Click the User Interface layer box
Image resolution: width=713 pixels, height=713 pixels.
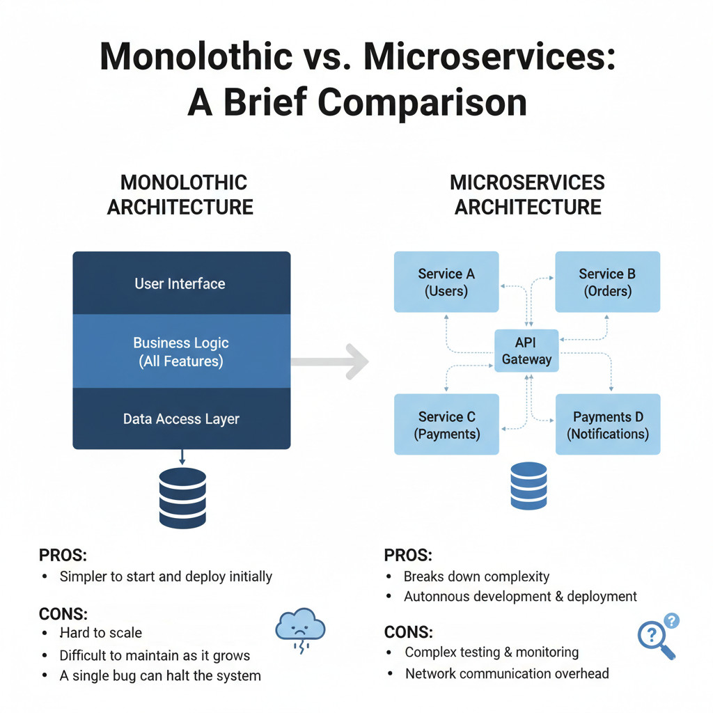pos(181,283)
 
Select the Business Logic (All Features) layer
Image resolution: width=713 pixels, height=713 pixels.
pos(181,352)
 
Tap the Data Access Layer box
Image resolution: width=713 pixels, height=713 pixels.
pos(181,418)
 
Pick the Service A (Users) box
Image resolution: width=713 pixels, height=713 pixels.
pos(446,282)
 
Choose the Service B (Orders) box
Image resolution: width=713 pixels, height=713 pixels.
pos(607,282)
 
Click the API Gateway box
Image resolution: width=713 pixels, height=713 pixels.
pos(526,351)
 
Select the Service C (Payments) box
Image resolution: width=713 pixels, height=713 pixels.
pos(446,425)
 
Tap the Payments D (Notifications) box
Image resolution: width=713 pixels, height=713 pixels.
pos(607,425)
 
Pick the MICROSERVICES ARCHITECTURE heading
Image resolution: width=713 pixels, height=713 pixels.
pos(527,195)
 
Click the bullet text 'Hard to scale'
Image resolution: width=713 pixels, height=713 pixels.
pos(101,633)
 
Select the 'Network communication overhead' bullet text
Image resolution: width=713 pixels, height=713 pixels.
pos(507,673)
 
